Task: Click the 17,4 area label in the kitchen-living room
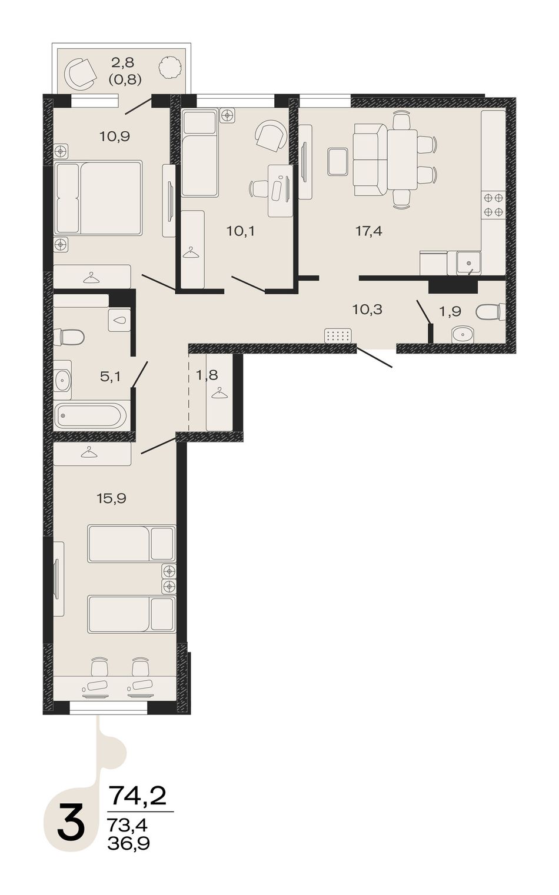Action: (369, 231)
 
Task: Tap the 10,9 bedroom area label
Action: (115, 137)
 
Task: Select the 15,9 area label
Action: (111, 498)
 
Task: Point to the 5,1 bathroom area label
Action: (110, 377)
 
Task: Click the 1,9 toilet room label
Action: (450, 311)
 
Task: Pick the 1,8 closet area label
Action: (207, 375)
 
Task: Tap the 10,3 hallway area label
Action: (367, 310)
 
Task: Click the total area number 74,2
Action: (138, 796)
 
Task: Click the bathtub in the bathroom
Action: (91, 415)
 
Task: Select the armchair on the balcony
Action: (81, 73)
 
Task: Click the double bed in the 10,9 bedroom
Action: (98, 198)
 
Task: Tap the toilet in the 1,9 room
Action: (491, 311)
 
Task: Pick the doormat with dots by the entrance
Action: (338, 335)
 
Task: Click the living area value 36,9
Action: (129, 841)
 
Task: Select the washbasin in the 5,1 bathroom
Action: (63, 380)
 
